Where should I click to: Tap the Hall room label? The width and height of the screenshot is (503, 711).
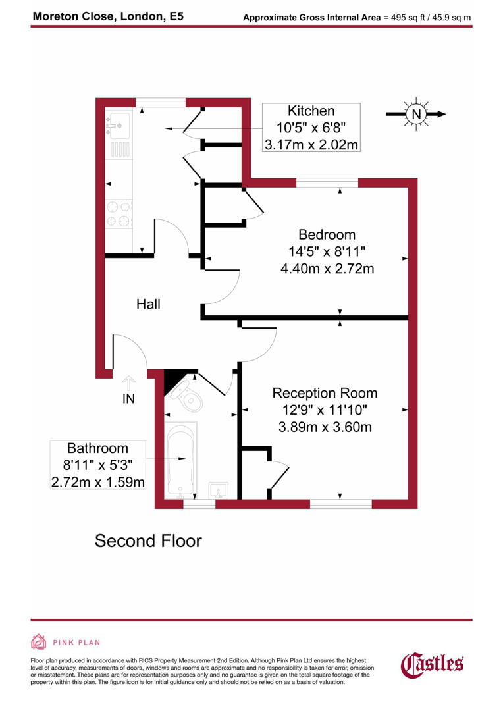(148, 304)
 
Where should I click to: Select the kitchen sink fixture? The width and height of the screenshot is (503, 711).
(119, 124)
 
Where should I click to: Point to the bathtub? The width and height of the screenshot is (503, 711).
(182, 460)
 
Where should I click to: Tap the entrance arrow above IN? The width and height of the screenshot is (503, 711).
(128, 382)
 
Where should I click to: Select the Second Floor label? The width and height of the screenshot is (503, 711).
(148, 541)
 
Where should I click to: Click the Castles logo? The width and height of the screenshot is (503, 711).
(433, 664)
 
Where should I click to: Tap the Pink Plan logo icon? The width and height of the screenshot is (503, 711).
(39, 642)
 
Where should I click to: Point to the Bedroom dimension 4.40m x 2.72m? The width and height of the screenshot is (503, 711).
(327, 269)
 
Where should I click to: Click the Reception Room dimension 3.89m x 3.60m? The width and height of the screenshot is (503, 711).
(325, 427)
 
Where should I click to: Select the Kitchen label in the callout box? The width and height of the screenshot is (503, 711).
(311, 111)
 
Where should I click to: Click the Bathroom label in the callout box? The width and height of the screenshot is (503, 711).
(98, 450)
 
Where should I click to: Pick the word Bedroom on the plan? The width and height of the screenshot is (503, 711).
(327, 234)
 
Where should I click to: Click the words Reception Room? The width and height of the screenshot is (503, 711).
(325, 393)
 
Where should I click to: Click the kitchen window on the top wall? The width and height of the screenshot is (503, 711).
(161, 101)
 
